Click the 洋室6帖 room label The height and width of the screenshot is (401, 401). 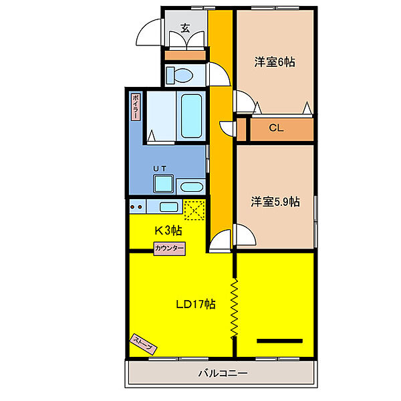(x=275, y=62)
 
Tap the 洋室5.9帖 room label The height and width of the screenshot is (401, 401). (x=275, y=200)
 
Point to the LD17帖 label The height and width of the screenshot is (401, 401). (x=195, y=304)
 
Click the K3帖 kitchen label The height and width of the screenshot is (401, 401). (x=169, y=231)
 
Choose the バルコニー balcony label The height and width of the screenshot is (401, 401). (x=223, y=373)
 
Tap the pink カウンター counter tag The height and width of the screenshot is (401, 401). (x=170, y=248)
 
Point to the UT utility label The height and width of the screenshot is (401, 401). (x=160, y=169)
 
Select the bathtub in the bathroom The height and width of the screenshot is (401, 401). (x=192, y=114)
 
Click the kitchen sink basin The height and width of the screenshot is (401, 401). (x=168, y=206)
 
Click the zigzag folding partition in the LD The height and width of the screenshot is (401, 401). (x=235, y=308)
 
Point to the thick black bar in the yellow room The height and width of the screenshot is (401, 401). (x=279, y=341)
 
